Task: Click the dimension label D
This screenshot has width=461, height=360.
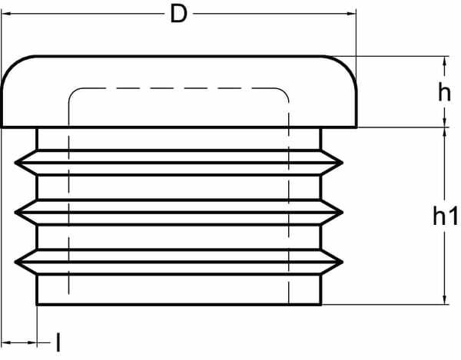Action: point(178,15)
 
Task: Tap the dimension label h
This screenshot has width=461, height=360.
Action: point(443,93)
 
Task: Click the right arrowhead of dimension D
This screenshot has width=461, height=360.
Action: point(353,14)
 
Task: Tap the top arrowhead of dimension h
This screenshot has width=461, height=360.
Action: point(444,59)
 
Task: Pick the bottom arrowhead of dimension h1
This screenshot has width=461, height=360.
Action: point(444,301)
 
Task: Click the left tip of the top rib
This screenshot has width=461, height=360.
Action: point(15,162)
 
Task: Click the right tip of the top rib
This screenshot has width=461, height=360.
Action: point(343,162)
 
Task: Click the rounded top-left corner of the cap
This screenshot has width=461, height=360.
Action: point(13,68)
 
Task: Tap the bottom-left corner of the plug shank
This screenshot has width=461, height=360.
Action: point(37,305)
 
